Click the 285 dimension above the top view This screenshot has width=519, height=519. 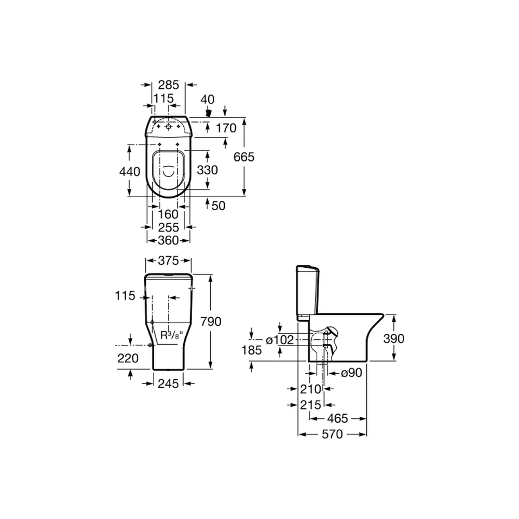click(168, 85)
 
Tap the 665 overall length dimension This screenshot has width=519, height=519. click(244, 157)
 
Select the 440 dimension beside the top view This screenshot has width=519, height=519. click(130, 171)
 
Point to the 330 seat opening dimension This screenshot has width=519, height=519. click(207, 170)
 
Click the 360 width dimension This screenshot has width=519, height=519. click(168, 240)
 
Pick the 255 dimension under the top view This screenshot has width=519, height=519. click(168, 227)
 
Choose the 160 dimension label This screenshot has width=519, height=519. click(168, 214)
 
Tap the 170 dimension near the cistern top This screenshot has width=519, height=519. click(226, 128)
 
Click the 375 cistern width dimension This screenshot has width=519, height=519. click(168, 261)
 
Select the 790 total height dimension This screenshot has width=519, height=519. click(211, 321)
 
